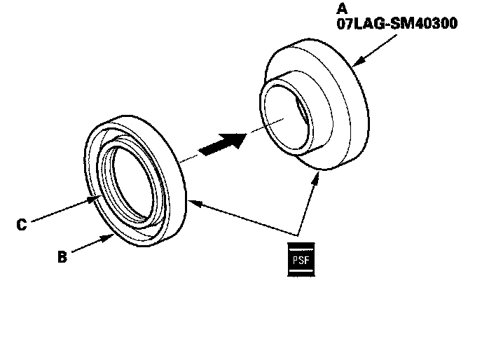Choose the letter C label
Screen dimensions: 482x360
tap(22, 225)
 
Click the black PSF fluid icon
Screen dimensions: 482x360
tap(302, 259)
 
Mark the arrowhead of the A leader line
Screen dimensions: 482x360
tap(354, 65)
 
